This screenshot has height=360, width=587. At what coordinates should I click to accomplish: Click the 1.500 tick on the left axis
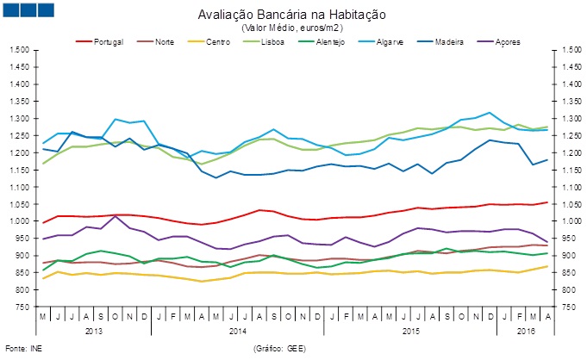(x=19, y=50)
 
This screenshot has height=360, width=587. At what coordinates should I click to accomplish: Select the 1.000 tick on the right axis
(x=567, y=221)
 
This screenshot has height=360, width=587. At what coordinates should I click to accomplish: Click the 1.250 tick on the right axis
(x=567, y=136)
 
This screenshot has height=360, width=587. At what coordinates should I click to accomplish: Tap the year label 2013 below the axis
(x=94, y=331)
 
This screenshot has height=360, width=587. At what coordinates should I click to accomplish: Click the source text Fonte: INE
(x=22, y=348)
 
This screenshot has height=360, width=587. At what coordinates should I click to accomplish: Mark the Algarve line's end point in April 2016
(x=546, y=129)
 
